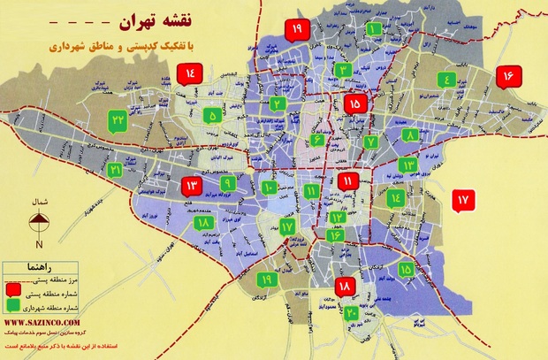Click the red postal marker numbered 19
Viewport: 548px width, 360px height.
(295, 31)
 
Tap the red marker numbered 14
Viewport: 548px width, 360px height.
(196, 75)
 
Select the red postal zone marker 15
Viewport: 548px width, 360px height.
(355, 104)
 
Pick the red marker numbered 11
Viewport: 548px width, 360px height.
(348, 182)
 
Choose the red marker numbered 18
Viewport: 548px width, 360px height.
(345, 287)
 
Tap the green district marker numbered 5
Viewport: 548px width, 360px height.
(212, 115)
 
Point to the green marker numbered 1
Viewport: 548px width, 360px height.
(375, 30)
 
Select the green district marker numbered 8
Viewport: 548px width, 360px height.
(411, 136)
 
